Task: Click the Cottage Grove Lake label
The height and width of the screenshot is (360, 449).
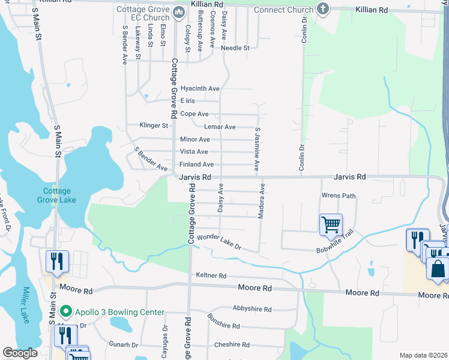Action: click(x=56, y=195)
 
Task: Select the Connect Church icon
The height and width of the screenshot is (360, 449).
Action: click(x=323, y=9)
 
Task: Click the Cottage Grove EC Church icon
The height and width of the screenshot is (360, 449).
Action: click(x=178, y=12)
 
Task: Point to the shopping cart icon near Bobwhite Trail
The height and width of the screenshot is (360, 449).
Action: click(x=331, y=225)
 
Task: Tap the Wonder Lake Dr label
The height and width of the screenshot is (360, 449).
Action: click(x=218, y=242)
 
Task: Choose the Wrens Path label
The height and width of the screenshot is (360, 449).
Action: click(x=339, y=196)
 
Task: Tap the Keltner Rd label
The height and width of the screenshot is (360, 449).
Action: click(x=211, y=275)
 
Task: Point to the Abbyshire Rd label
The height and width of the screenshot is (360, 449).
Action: click(x=252, y=310)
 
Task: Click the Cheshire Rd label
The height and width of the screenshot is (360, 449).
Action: click(x=232, y=344)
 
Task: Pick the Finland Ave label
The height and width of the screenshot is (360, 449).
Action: click(x=196, y=164)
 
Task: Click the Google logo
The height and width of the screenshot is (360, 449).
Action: click(x=20, y=353)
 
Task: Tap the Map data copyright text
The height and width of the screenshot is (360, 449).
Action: click(x=424, y=355)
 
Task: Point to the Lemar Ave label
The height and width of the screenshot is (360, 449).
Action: click(x=219, y=127)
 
